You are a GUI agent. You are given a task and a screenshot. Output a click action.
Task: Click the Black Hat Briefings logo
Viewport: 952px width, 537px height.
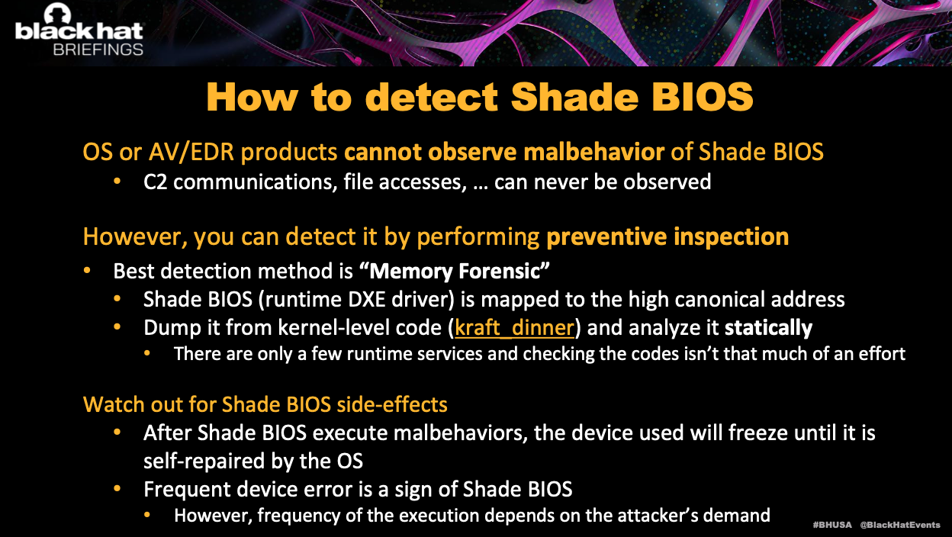point(79,29)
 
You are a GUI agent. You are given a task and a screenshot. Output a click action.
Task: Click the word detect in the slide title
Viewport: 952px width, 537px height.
point(431,97)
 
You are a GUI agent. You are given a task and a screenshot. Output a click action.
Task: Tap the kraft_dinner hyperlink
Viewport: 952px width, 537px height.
point(514,328)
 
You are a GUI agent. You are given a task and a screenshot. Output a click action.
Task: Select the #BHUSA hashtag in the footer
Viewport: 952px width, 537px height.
point(832,525)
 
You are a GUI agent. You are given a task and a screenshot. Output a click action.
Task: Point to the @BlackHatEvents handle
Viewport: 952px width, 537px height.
point(900,525)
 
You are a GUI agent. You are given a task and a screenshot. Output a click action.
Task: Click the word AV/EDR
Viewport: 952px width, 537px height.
point(191,153)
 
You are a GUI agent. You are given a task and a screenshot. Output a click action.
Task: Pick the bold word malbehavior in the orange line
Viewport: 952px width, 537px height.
point(594,152)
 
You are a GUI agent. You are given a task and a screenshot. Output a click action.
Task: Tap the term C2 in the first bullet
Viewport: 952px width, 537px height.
point(155,182)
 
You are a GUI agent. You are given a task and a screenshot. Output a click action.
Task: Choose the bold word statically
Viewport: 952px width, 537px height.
point(768,328)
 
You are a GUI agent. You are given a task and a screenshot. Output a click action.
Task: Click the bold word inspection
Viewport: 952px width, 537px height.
point(731,237)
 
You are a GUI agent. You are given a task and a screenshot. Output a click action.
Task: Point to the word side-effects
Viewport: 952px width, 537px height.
point(392,404)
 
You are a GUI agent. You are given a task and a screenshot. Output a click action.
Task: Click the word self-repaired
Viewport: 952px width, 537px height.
point(204,461)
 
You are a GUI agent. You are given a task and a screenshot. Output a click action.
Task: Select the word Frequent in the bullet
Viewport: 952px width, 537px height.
point(188,490)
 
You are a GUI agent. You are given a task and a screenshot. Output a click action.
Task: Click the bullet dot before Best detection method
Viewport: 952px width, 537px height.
point(87,271)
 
